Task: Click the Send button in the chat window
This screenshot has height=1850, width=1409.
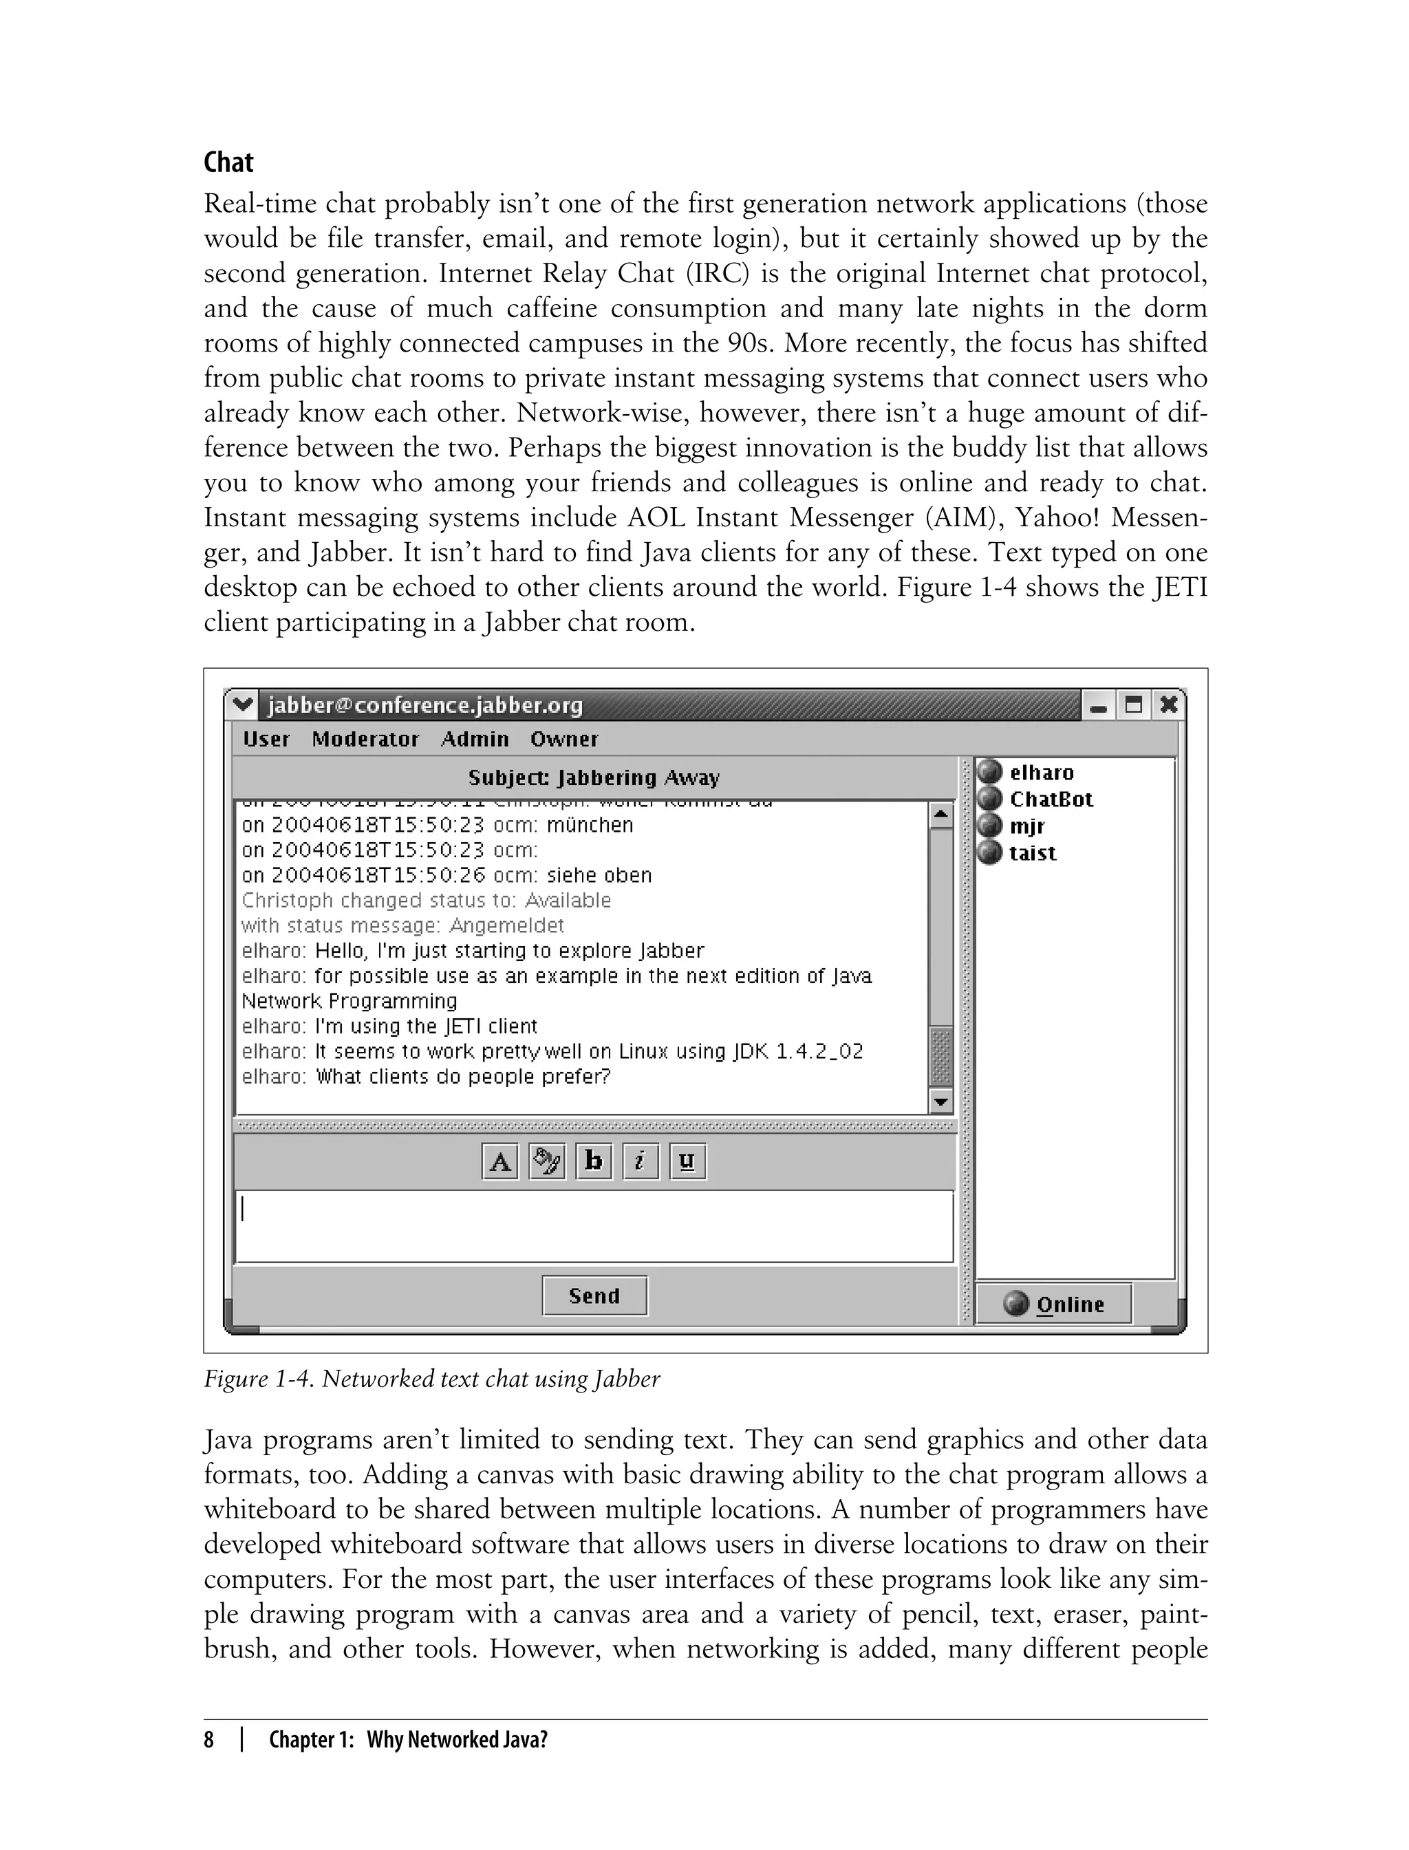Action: tap(594, 1295)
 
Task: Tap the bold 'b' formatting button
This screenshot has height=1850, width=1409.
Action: tap(594, 1161)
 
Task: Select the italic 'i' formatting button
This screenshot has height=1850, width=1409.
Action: tap(640, 1161)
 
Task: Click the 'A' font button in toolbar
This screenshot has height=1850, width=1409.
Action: tap(500, 1161)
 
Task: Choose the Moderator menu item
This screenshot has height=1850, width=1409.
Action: tap(365, 739)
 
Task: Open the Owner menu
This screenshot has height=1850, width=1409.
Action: tap(563, 739)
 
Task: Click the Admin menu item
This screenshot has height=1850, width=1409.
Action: tap(475, 739)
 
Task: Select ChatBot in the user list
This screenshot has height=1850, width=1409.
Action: tap(1050, 799)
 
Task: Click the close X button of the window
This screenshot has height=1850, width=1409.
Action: tap(1168, 704)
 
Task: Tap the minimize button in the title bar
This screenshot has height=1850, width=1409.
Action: tap(1098, 705)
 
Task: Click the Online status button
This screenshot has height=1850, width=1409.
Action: tap(1054, 1304)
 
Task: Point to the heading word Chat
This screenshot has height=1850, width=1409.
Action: tap(228, 162)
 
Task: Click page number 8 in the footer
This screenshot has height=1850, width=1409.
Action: tap(209, 1739)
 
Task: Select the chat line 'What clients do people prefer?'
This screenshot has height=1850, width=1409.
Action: tap(463, 1076)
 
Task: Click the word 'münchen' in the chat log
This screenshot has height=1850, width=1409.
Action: tap(590, 824)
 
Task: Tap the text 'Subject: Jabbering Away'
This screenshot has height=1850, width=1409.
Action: tap(594, 777)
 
